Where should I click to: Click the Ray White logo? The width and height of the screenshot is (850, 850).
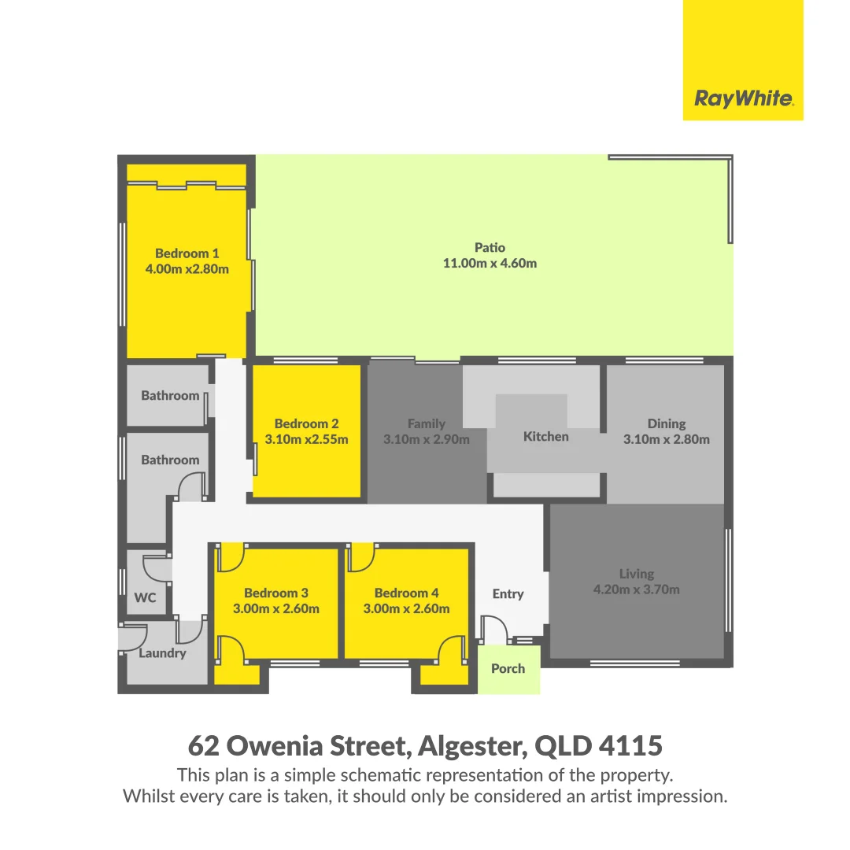(743, 98)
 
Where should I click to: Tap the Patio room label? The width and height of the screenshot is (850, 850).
(490, 247)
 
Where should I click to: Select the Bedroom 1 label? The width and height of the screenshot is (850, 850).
(187, 253)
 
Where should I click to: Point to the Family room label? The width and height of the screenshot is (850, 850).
(426, 423)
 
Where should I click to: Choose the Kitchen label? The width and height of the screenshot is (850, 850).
(545, 436)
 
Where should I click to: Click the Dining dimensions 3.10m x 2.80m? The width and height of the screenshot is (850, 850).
(666, 439)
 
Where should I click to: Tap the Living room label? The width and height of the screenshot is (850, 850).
(636, 574)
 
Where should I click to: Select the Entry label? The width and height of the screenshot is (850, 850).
(508, 593)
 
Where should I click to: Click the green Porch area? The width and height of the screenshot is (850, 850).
(508, 669)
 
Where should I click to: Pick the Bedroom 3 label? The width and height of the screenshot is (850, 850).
(275, 593)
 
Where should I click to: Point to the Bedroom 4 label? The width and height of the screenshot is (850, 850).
(406, 593)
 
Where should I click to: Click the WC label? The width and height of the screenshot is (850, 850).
(145, 597)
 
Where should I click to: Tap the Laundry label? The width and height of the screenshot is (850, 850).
(162, 652)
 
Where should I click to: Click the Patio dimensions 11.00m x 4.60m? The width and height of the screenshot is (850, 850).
(490, 263)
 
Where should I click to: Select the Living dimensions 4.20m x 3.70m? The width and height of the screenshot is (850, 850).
(636, 589)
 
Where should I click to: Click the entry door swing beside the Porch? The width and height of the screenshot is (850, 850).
(493, 630)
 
